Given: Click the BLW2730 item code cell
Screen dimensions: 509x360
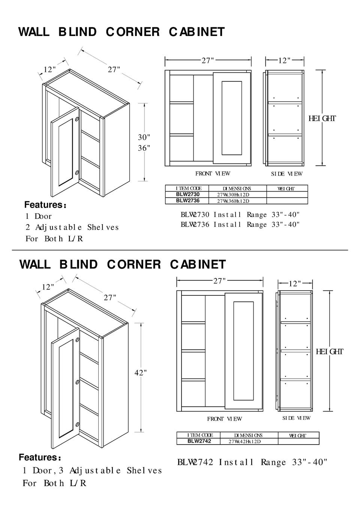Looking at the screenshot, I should (188, 195).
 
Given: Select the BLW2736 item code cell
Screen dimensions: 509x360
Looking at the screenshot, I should (188, 201).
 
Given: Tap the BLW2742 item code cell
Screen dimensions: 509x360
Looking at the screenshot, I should (199, 441).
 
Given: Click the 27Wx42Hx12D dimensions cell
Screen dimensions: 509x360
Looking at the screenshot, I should (244, 441).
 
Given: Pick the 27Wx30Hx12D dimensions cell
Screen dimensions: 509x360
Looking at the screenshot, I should (233, 195).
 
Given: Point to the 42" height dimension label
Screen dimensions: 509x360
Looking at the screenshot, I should (141, 373).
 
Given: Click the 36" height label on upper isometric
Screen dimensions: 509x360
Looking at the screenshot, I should (144, 148).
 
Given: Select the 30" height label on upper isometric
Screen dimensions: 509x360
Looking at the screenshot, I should (144, 138).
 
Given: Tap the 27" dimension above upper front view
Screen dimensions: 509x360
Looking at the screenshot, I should (208, 60).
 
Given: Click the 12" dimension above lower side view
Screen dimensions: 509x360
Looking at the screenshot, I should (294, 284).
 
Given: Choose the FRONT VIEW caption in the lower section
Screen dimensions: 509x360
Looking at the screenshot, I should (224, 419).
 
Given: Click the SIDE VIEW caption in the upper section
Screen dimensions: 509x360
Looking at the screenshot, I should (286, 174).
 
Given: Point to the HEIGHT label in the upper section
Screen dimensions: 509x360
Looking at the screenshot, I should (322, 119).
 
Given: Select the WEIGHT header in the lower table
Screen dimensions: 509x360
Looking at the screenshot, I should (297, 436).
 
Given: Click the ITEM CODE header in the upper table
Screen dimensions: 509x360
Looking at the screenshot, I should (188, 189).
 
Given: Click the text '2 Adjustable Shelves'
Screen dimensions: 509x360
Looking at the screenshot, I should (72, 228).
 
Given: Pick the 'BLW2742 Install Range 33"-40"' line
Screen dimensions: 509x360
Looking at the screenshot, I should (252, 463).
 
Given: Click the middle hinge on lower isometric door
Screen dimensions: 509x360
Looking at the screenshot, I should (77, 382).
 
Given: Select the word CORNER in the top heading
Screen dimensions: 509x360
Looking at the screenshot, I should (132, 32).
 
